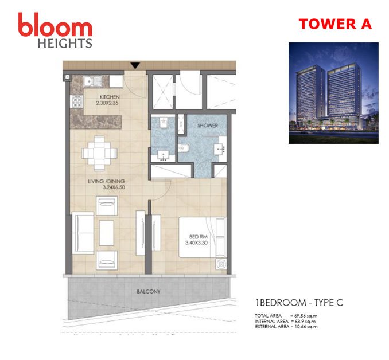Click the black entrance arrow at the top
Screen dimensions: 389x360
(135, 65)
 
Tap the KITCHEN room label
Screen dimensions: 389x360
(110, 97)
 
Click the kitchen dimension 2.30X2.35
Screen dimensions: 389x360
(107, 103)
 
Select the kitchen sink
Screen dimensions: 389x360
(93, 81)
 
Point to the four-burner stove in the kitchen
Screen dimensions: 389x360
(77, 102)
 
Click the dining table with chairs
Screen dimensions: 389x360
(99, 153)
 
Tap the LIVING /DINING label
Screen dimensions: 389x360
(106, 181)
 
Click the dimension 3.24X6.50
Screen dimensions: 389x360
(114, 187)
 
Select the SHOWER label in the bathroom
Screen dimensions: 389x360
(208, 126)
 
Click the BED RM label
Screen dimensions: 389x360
(198, 237)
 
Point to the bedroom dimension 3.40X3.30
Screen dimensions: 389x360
(196, 242)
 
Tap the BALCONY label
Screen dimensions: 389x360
(149, 292)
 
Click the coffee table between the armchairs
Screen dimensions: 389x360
(107, 233)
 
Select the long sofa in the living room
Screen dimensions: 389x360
(83, 233)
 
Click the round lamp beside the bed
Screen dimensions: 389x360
(221, 264)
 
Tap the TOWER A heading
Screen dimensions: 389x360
(335, 24)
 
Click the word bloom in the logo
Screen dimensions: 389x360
(55, 25)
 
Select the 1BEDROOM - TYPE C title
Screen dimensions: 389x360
(299, 303)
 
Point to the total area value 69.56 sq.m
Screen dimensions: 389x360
(306, 316)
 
